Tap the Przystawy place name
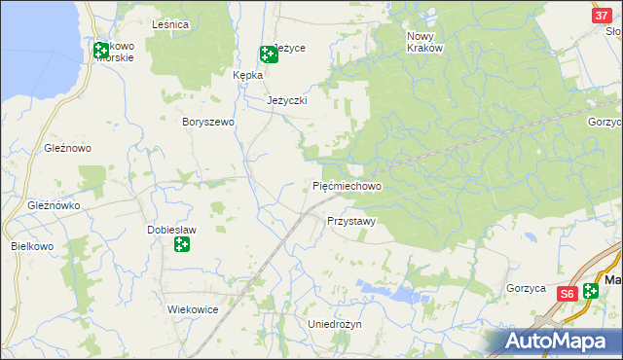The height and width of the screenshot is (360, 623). pyautogui.click(x=350, y=221)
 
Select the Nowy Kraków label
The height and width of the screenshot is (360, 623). pyautogui.click(x=423, y=41)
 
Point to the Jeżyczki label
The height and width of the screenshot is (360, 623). pyautogui.click(x=287, y=100)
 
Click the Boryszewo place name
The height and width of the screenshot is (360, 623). pyautogui.click(x=209, y=122)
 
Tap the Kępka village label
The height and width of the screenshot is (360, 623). pyautogui.click(x=248, y=74)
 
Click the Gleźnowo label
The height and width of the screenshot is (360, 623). pyautogui.click(x=67, y=148)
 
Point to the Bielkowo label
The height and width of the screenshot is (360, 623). pyautogui.click(x=31, y=246)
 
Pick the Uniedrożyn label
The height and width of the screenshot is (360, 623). pyautogui.click(x=334, y=324)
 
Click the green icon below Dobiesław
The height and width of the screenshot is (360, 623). pyautogui.click(x=181, y=244)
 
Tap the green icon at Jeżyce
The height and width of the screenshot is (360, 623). pyautogui.click(x=268, y=54)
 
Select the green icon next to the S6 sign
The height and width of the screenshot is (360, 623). pyautogui.click(x=592, y=292)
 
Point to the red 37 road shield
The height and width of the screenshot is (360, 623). pyautogui.click(x=601, y=17)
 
